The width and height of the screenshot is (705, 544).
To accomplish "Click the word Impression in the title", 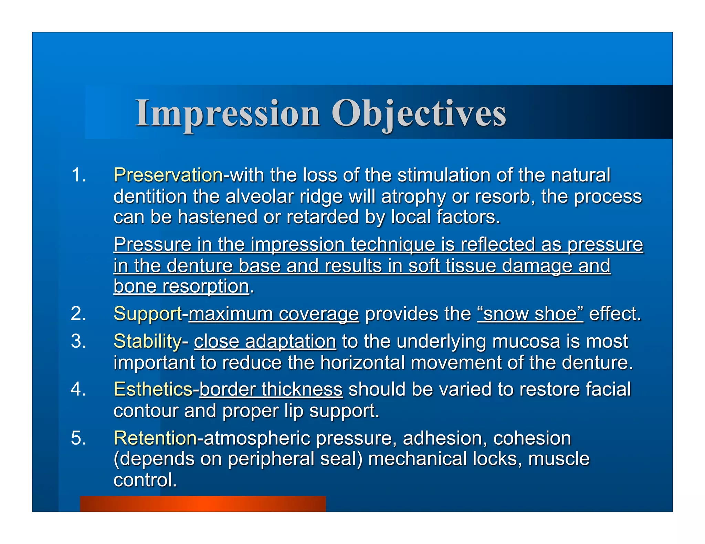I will coord(228,113).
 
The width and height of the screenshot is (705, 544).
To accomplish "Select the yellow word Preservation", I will coord(168,175).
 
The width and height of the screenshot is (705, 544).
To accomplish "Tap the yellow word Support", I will coord(147,314).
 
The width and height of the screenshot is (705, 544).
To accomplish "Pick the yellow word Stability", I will coord(147,341).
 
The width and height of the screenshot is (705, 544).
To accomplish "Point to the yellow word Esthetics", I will coord(152,389).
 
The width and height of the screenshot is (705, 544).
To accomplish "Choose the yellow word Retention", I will coord(155,438).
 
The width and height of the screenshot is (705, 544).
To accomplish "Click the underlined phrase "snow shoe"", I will coord(530,314).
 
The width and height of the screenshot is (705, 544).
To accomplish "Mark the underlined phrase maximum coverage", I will coord(274,314).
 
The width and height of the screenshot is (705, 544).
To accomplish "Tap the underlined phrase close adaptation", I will coord(265,341).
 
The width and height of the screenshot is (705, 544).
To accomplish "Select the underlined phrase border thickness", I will coord(271,389).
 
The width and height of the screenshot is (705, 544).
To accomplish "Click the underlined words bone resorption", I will coord(181,286).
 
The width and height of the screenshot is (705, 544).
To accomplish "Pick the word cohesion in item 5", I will coord(532,438).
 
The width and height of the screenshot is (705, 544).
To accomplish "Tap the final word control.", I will coord(145,480).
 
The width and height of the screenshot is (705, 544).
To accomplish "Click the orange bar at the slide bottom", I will coord(203,504).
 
